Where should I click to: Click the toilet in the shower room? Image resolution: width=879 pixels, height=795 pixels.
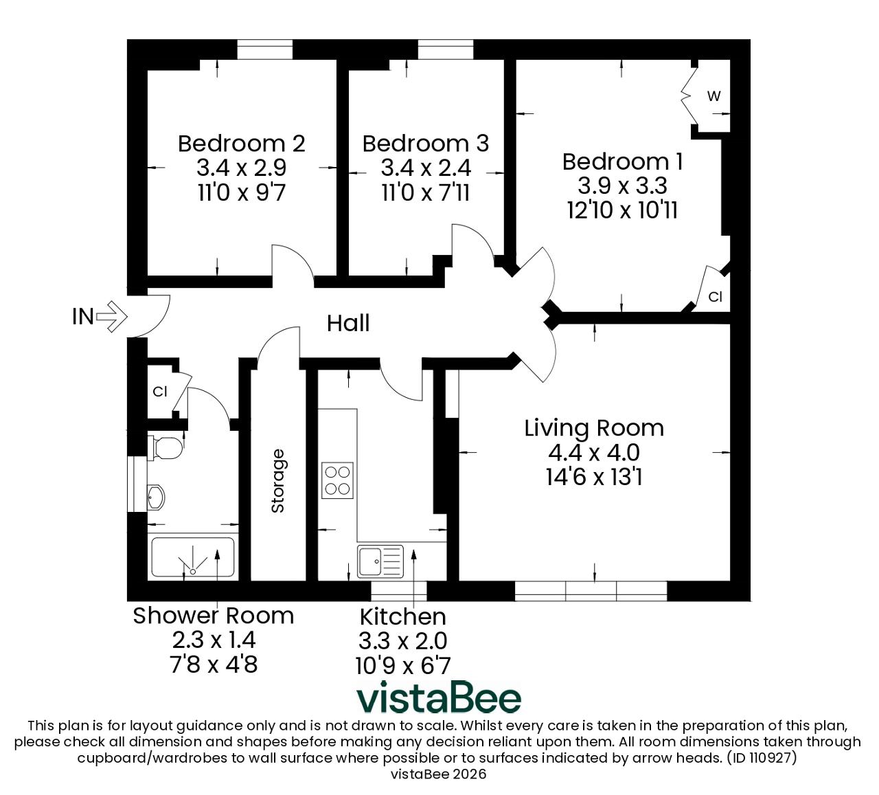(165, 448)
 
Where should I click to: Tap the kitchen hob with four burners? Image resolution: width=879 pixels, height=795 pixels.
(337, 480)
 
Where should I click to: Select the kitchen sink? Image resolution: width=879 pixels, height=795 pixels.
(380, 561)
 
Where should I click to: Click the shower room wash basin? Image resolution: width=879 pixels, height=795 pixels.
(156, 497)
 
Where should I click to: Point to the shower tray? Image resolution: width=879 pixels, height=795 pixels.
(193, 557)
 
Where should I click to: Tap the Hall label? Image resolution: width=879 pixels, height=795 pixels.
(348, 323)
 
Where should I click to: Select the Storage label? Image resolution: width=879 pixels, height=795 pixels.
(278, 481)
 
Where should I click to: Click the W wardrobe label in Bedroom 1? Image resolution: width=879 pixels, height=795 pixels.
(714, 96)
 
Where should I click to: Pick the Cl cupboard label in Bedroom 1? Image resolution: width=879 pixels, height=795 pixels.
(715, 297)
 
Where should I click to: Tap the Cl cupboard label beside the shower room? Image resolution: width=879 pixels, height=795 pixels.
(160, 391)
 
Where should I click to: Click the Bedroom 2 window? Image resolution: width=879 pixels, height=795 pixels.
(264, 49)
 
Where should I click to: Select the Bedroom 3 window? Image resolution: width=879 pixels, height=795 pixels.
(446, 49)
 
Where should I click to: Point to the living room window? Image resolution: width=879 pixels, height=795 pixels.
(591, 591)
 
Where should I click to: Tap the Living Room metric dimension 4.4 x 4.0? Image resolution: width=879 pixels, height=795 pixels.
(594, 453)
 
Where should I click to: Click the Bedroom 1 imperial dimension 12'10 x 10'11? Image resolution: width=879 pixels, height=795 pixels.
(622, 210)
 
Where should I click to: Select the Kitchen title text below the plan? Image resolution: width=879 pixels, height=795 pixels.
(402, 617)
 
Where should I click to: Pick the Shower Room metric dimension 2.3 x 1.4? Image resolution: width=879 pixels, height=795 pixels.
(214, 640)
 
